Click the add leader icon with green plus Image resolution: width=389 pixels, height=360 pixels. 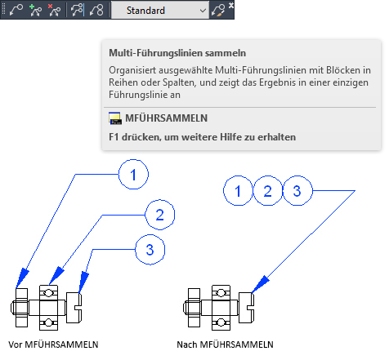pos(35,11)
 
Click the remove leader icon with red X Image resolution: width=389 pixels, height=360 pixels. pos(54,11)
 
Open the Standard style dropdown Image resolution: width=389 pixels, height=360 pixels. pos(160,11)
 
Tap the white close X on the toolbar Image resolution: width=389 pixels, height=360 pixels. pos(231,5)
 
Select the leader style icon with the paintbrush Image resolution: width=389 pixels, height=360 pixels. pos(218,11)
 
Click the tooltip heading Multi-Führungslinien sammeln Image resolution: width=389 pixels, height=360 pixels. pos(177,53)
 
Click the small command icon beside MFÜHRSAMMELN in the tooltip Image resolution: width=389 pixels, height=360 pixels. pos(115,118)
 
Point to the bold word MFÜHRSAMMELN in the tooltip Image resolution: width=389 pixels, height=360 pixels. pos(166,118)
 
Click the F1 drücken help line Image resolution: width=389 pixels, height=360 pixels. pos(202,137)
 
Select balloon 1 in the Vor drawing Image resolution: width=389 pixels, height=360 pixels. pos(133,175)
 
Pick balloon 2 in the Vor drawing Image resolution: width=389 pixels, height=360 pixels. pos(160,215)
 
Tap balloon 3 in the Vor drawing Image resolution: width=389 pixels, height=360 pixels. pos(150,250)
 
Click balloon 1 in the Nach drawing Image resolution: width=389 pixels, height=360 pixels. pos(238,190)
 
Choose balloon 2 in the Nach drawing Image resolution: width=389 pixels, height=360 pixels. pos(268,190)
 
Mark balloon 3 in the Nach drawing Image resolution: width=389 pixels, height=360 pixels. pos(297,190)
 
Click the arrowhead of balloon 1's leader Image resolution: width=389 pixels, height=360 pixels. pos(22,278)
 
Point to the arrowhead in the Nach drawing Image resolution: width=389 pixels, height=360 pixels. pos(260,284)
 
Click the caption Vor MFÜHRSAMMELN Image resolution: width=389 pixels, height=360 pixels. pos(53,344)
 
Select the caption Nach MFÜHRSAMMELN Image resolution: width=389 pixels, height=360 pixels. pos(225,344)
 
